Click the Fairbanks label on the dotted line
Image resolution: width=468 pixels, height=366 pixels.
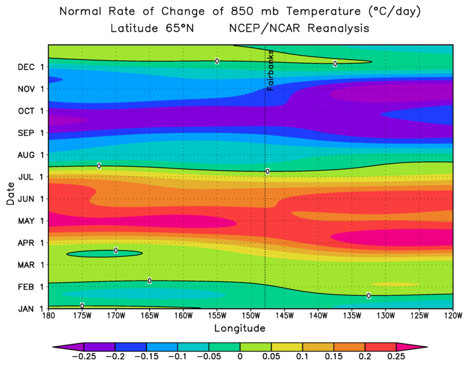(x=270, y=71)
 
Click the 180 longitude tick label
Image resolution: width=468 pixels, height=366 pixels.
(x=48, y=317)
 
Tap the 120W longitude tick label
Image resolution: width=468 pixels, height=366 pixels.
(x=452, y=317)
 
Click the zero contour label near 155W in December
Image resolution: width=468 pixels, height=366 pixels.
(x=217, y=61)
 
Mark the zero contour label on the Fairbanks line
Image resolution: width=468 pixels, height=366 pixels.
(x=267, y=171)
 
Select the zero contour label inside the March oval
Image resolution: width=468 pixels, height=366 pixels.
(x=116, y=250)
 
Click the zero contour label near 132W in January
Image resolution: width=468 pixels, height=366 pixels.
(x=369, y=295)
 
